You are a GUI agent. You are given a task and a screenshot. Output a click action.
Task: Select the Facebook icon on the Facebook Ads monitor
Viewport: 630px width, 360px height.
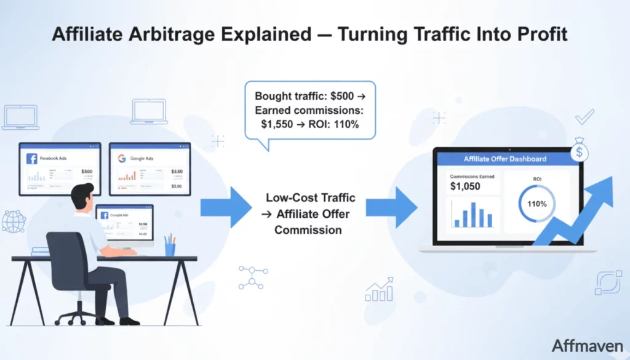pos(31,159)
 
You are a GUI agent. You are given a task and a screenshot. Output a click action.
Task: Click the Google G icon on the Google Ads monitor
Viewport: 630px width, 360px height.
pos(122,158)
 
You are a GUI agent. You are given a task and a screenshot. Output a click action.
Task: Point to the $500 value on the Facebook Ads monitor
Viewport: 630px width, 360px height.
pos(87,172)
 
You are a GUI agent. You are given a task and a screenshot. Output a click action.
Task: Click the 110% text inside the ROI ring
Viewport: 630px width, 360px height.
pos(536,203)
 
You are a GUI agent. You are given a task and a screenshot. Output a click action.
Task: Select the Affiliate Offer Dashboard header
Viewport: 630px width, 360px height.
pos(504,159)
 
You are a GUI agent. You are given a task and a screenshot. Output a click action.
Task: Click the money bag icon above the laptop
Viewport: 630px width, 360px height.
pos(579,150)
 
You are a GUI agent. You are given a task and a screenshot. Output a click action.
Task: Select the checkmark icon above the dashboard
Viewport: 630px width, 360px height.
pos(584,116)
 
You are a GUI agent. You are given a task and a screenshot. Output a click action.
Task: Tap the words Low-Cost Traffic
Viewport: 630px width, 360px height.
pos(311,199)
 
